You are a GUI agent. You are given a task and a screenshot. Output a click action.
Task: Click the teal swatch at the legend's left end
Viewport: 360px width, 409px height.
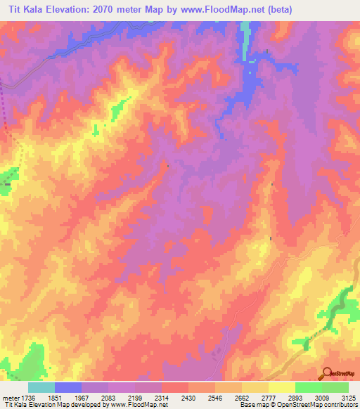tap(41, 387)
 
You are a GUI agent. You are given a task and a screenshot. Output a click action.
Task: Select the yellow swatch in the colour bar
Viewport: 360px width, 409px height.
tap(281, 387)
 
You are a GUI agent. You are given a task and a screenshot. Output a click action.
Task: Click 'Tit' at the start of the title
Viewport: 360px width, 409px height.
tap(12, 9)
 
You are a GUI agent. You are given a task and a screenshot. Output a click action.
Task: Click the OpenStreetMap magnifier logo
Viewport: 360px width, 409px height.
tap(326, 373)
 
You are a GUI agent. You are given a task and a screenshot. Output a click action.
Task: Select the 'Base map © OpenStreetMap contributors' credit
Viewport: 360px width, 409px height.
tap(298, 405)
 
